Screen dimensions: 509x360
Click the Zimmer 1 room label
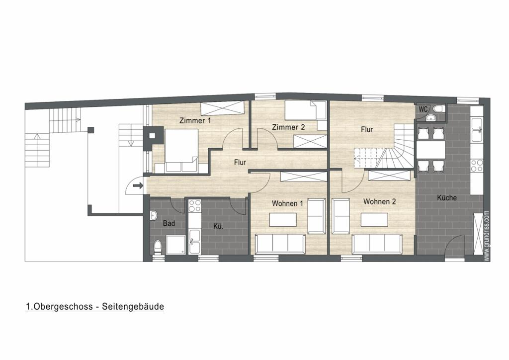coord(195,121)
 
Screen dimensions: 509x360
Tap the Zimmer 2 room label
coord(289,127)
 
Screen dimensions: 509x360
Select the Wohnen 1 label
coord(287,203)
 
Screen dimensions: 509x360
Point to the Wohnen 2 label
coord(379,201)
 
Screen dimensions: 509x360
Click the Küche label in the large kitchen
coord(447,198)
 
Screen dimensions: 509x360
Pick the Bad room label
coord(169,223)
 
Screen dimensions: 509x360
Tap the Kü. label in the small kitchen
coord(218,227)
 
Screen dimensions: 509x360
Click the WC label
coord(424,109)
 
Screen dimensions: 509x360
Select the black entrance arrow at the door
coord(138,185)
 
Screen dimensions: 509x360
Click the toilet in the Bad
coord(158,247)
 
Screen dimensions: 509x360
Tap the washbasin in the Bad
coord(155,215)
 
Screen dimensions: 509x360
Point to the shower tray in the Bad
coord(175,245)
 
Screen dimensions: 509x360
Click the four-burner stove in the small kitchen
coord(195,205)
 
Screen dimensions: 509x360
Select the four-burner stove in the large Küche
coord(477,165)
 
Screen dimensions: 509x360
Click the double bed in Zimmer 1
coord(181,150)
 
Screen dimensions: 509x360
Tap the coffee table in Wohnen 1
coord(283,219)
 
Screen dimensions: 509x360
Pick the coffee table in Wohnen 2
coord(374,219)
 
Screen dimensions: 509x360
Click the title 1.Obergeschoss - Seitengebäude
coord(95,307)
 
